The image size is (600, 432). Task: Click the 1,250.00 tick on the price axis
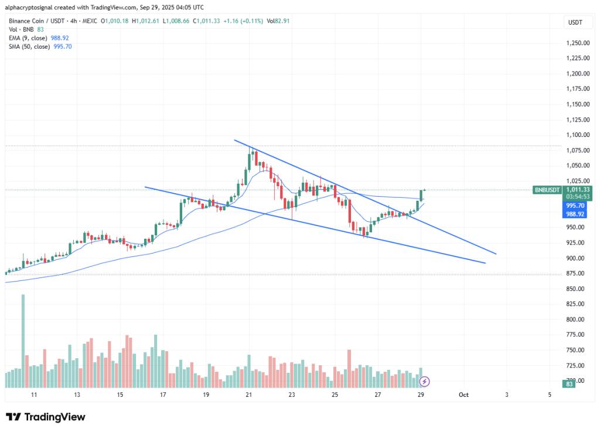tap(577, 43)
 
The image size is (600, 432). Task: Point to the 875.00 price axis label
tap(577, 273)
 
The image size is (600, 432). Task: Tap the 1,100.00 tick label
tap(577, 135)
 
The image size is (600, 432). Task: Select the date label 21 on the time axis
tap(248, 395)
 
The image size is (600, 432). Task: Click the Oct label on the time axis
tap(463, 395)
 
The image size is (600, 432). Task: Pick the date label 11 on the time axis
tap(34, 395)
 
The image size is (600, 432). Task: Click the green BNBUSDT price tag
tap(547, 190)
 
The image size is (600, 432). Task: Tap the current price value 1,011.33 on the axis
tap(577, 189)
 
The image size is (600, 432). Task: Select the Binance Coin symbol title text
tap(28, 20)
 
